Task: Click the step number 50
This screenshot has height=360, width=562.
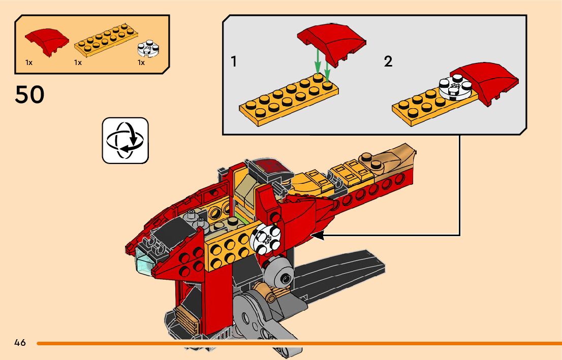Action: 29,95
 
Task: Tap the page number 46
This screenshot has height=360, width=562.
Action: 20,343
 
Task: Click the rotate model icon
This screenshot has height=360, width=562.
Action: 126,141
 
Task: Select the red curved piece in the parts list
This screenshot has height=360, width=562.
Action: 47,41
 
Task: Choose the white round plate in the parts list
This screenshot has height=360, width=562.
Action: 148,48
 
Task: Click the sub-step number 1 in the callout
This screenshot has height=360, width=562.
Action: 234,62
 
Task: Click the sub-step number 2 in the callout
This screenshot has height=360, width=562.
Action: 388,62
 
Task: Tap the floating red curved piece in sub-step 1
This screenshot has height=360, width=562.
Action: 331,41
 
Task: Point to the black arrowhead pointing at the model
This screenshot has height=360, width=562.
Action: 318,235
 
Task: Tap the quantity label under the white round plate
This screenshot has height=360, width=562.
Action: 141,63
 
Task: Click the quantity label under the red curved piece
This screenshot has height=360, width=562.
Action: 29,63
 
